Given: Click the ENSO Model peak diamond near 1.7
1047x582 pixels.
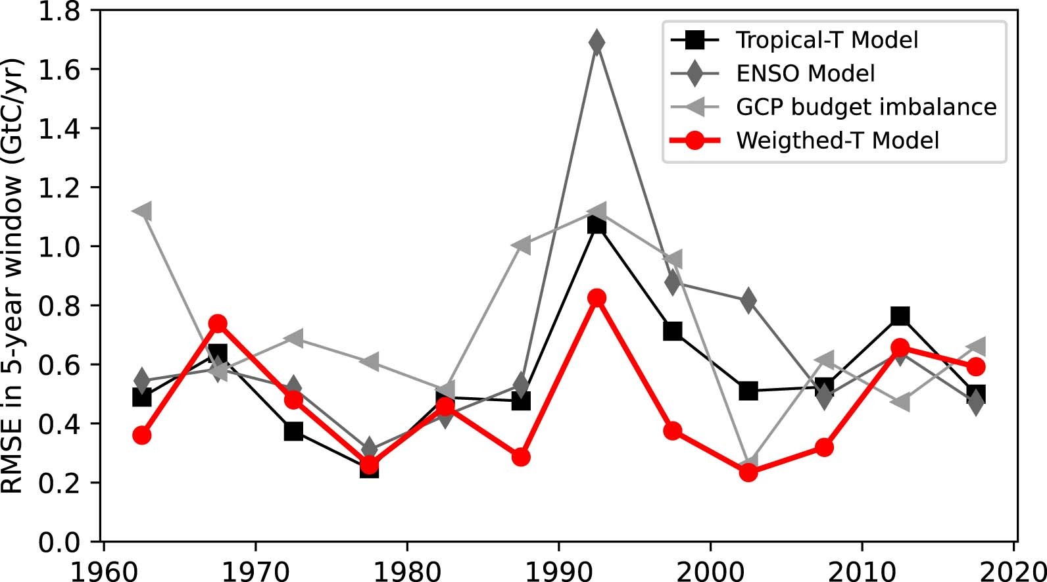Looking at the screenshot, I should click(597, 43).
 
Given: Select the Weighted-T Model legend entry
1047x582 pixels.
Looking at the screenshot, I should click(837, 141).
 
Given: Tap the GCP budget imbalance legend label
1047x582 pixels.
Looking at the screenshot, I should click(866, 107).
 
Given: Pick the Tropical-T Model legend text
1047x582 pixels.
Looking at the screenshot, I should click(827, 40).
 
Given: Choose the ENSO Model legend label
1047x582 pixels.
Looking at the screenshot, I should click(805, 74).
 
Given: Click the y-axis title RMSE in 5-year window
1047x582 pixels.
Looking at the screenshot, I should click(14, 276).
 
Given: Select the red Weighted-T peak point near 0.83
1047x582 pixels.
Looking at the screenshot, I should click(597, 298).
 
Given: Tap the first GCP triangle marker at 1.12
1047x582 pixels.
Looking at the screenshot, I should click(142, 211).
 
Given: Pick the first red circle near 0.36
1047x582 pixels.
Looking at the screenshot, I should click(142, 435).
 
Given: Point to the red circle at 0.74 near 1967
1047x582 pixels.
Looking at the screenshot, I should click(218, 324).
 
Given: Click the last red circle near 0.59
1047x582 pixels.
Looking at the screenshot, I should click(976, 366).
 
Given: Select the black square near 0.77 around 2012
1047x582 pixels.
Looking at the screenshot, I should click(900, 316).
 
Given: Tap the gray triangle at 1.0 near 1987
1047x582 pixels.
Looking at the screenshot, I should click(520, 245).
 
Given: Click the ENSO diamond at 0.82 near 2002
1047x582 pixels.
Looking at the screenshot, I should click(748, 301).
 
